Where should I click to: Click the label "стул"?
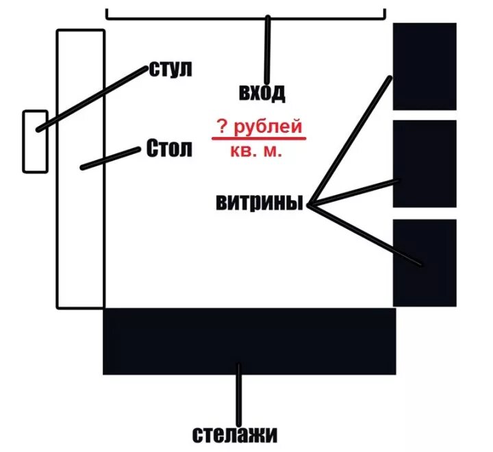170,69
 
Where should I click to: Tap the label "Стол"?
169,149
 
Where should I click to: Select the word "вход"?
262,92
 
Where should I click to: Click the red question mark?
223,127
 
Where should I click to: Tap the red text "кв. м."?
257,152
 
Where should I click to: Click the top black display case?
425,66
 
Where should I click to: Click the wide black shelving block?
249,341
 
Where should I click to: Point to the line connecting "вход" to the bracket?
268,48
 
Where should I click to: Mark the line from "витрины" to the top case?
351,140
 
